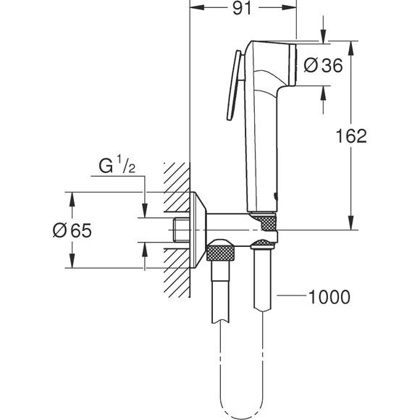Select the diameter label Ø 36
click(322, 65)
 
